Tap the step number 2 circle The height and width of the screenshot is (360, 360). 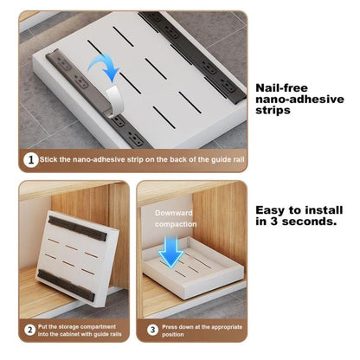pyautogui.click(x=29, y=329)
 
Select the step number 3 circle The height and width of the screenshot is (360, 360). pyautogui.click(x=152, y=329)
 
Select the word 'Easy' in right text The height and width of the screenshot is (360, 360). pyautogui.click(x=273, y=209)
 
